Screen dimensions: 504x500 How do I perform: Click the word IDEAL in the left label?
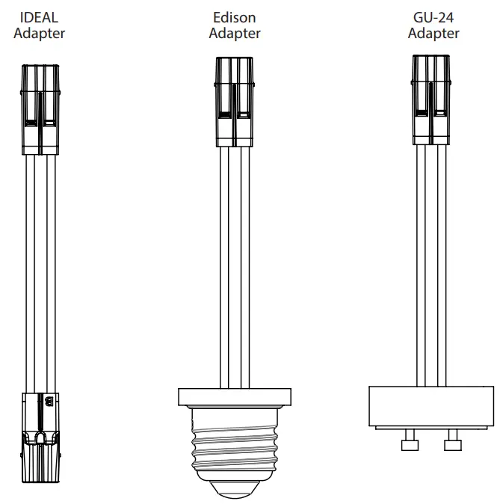click(x=39, y=17)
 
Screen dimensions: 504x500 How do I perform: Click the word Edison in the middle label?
click(x=235, y=17)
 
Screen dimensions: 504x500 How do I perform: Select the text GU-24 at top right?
click(x=433, y=17)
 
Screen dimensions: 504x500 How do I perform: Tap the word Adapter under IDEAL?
click(x=39, y=33)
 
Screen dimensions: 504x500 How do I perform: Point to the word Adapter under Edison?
click(x=235, y=33)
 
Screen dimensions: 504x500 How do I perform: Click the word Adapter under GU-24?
click(x=433, y=33)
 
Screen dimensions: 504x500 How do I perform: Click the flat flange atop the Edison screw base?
click(x=235, y=396)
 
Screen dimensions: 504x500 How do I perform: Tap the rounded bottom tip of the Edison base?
click(x=235, y=490)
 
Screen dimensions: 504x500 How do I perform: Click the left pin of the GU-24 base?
click(x=409, y=443)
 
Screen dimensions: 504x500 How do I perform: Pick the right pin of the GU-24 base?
click(x=452, y=443)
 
